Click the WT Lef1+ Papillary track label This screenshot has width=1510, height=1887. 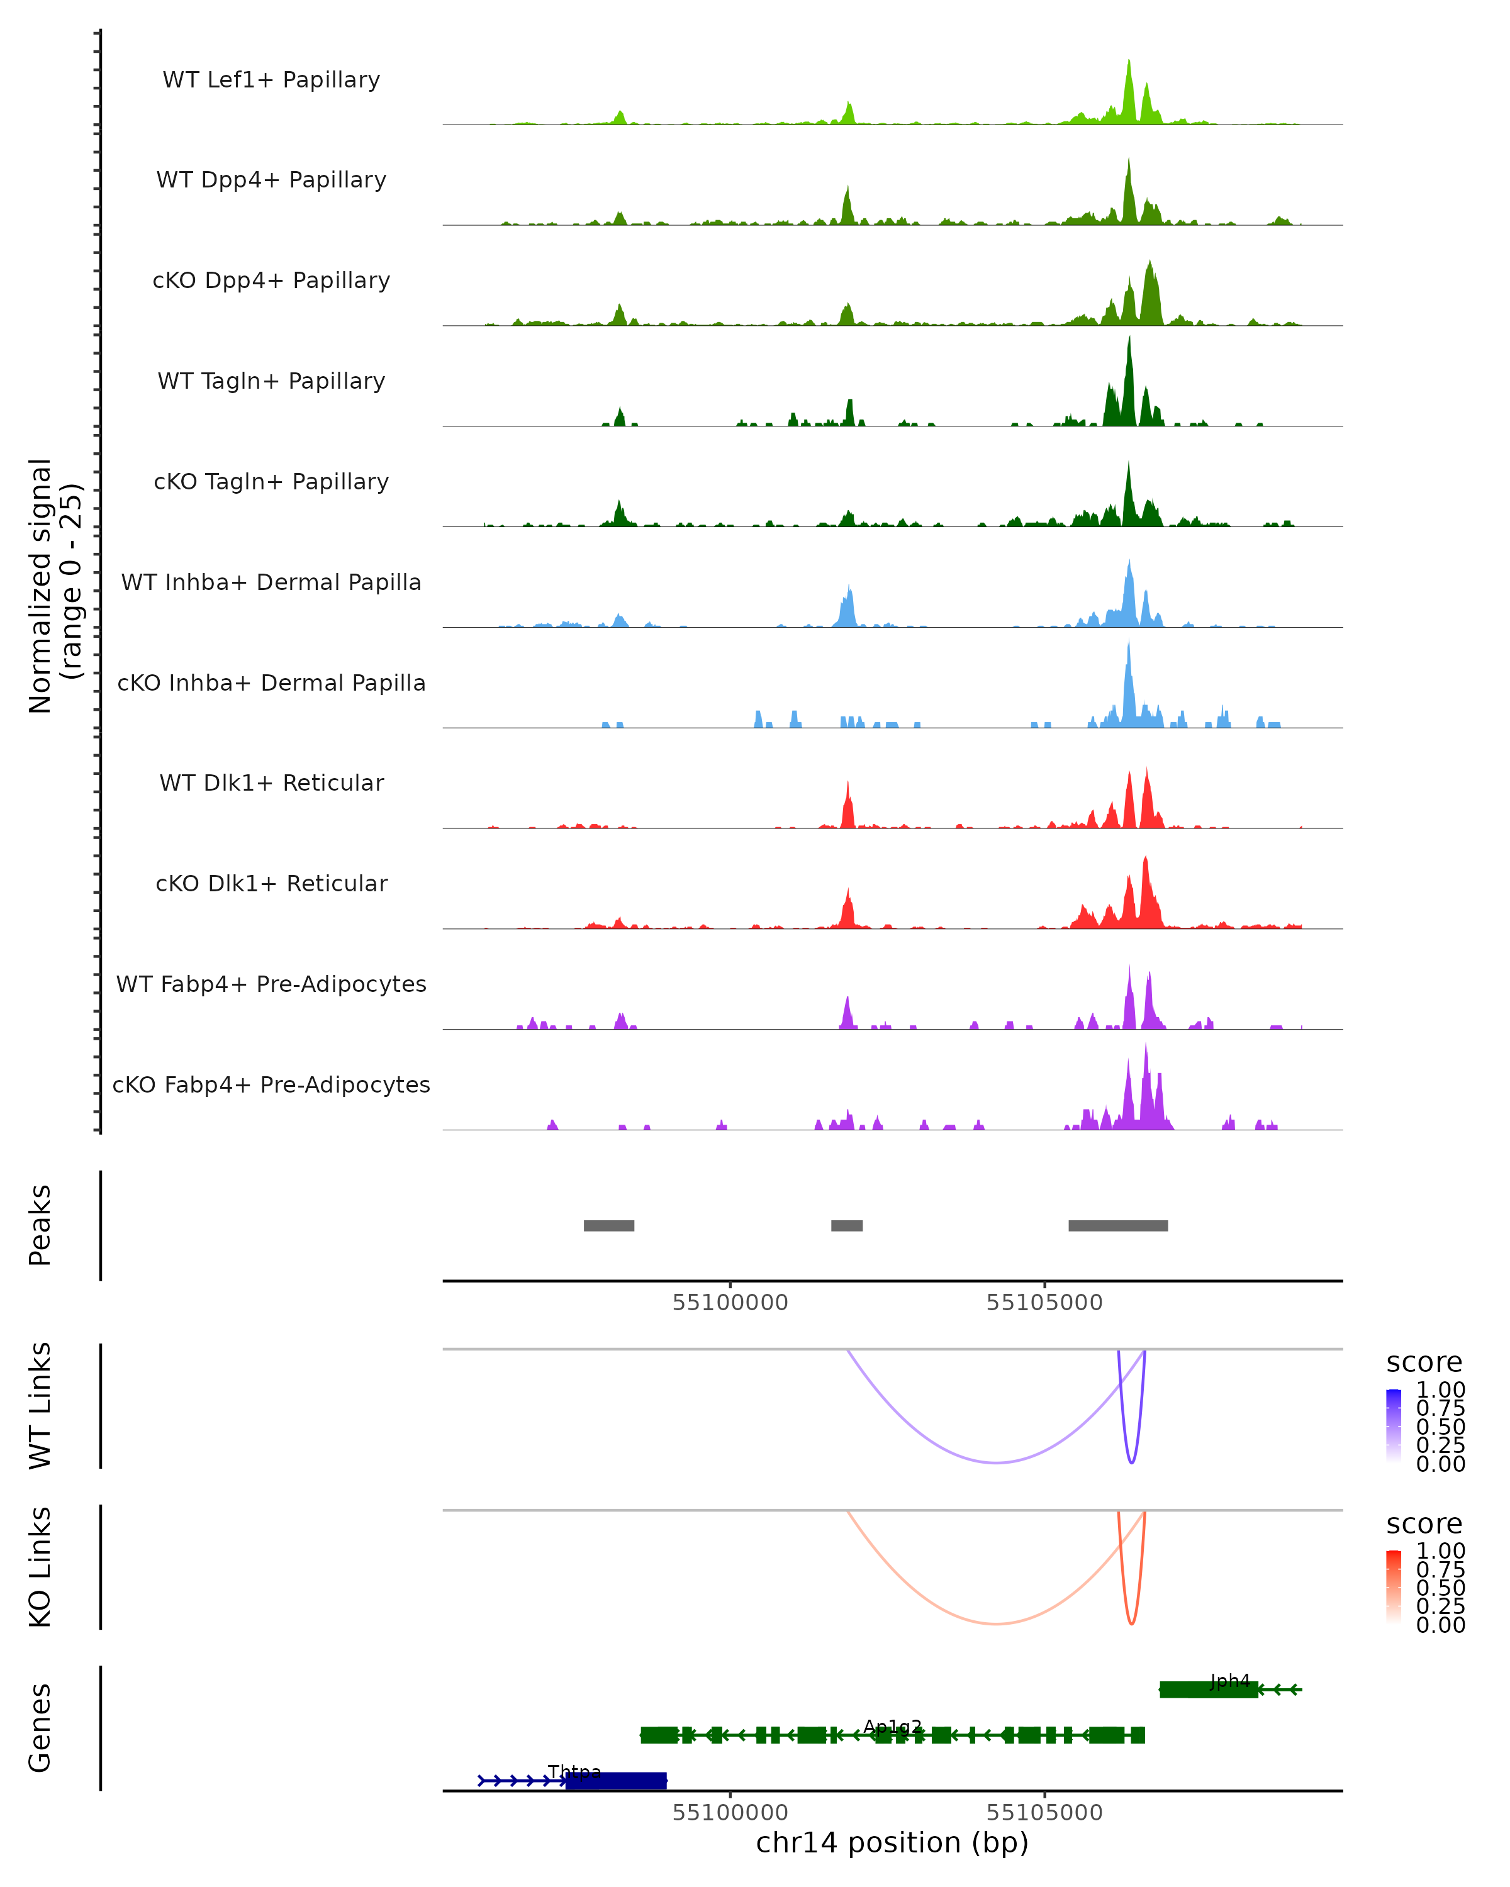[x=271, y=80]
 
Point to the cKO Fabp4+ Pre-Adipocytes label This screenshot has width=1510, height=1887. [x=271, y=1084]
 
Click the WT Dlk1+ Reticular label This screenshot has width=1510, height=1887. [x=271, y=782]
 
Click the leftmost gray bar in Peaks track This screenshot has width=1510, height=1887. [x=608, y=1225]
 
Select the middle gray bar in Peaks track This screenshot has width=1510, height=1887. [x=846, y=1225]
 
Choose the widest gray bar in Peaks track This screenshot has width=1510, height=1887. [x=1118, y=1225]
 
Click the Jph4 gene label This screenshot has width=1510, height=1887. [x=1230, y=1681]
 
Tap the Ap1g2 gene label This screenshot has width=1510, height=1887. [x=892, y=1727]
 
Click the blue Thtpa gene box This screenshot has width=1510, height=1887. [x=615, y=1780]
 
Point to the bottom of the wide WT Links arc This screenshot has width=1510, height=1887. [x=996, y=1462]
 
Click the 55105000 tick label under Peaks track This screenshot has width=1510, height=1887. [x=1044, y=1303]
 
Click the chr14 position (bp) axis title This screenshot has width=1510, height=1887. [x=892, y=1843]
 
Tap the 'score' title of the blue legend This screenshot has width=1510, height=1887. [x=1424, y=1362]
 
